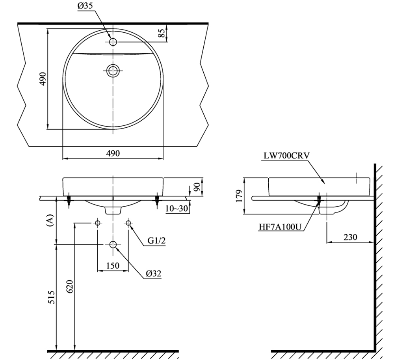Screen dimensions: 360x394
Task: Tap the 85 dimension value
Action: (x=162, y=33)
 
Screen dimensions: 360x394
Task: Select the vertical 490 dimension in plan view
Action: (x=43, y=78)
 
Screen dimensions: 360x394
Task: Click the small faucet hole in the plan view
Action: (x=113, y=41)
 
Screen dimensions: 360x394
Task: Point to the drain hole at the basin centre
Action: (x=113, y=71)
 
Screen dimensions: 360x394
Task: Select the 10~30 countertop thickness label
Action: (x=177, y=209)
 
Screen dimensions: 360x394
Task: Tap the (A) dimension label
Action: (x=50, y=220)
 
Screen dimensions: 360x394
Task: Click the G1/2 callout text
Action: (x=156, y=241)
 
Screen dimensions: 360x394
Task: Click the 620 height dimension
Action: (x=69, y=287)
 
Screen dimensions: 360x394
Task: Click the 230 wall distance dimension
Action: (x=350, y=237)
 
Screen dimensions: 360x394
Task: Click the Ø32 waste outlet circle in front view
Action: (x=113, y=244)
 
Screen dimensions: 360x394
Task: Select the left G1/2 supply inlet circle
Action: (x=98, y=223)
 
